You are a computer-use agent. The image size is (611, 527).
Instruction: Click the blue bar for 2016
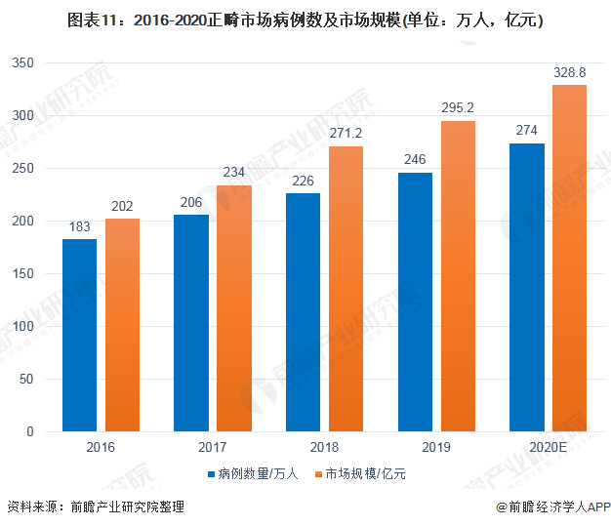[79, 335]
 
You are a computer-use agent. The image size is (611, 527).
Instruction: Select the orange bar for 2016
[122, 325]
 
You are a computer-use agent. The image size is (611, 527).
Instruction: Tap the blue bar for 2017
[190, 323]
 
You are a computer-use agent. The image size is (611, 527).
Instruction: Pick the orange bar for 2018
[346, 289]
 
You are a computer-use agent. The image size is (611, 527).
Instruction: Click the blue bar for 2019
[415, 302]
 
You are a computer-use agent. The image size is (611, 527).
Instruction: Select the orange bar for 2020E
[569, 259]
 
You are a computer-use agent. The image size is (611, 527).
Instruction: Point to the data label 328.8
[569, 73]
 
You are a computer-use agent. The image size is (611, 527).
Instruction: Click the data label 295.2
[458, 108]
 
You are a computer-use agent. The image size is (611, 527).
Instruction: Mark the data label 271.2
[346, 134]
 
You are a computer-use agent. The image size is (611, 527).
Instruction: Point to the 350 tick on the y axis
[22, 63]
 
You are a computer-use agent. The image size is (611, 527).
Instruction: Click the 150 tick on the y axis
[22, 274]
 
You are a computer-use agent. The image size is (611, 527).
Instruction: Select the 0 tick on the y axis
[30, 431]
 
